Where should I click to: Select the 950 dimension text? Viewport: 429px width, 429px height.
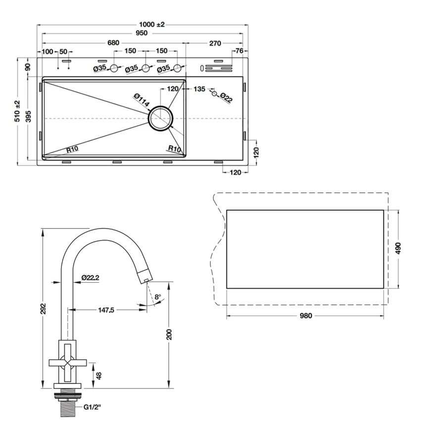pos(142,33)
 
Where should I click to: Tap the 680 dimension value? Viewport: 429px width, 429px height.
pos(113,43)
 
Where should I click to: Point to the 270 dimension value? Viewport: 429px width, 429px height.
pos(215,43)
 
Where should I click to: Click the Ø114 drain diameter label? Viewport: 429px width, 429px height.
pos(142,100)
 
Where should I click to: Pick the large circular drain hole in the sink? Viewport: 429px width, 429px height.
pos(161,118)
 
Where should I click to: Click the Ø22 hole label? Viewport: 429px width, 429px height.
pos(226,98)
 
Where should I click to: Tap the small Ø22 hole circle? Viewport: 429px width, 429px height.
pos(214,94)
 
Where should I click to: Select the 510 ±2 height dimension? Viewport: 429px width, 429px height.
pos(17,111)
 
